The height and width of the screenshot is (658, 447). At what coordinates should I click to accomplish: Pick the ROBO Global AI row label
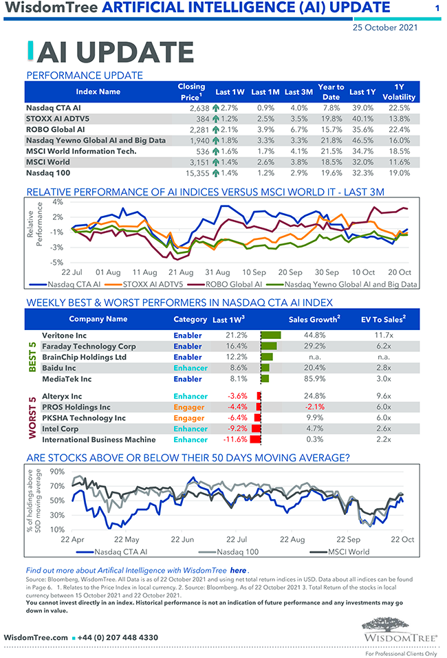(x=55, y=129)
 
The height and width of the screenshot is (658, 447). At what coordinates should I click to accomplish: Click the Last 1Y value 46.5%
(x=362, y=140)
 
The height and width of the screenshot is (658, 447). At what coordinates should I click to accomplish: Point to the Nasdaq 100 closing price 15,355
(x=195, y=173)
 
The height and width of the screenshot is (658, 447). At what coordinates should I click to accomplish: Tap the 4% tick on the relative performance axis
(x=57, y=202)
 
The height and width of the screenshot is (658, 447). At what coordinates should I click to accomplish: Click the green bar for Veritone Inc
(x=270, y=336)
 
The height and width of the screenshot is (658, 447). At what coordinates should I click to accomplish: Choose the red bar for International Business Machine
(x=255, y=439)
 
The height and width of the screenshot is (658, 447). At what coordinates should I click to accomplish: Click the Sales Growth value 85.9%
(x=317, y=379)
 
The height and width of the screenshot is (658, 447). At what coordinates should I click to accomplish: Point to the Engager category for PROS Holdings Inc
(x=189, y=407)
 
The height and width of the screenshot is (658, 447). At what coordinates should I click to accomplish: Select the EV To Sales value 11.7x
(x=383, y=336)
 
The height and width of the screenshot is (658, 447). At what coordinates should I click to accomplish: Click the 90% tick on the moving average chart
(x=58, y=472)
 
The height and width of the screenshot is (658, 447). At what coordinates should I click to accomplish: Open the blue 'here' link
(x=238, y=570)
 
